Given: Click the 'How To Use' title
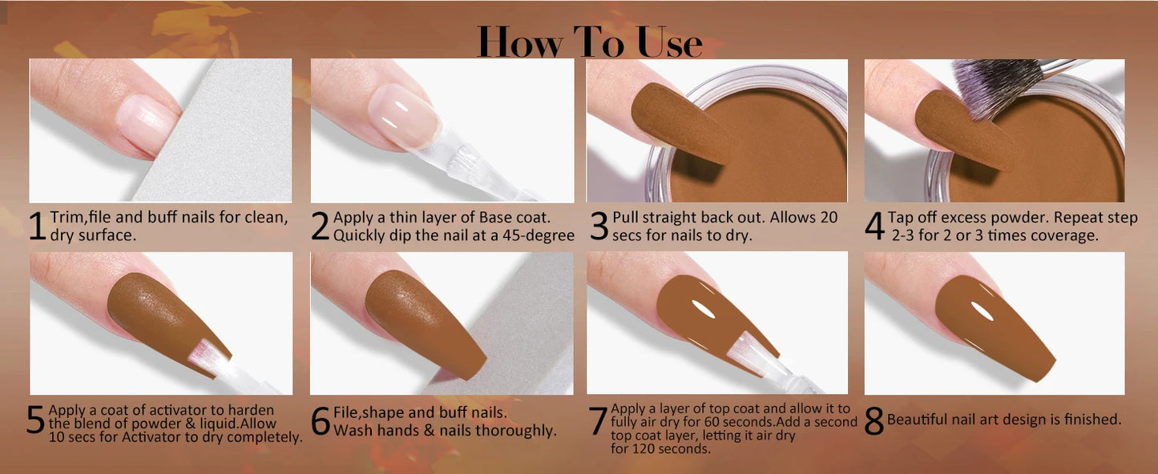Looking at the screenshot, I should point(589,42).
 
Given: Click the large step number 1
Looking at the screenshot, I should point(37,227).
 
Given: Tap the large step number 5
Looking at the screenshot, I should point(35,421).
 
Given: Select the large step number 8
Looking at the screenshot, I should point(874,421).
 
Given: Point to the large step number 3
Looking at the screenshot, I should point(599,227).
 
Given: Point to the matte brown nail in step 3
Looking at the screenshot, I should point(681,120).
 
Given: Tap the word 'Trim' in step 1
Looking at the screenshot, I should point(65,218).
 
